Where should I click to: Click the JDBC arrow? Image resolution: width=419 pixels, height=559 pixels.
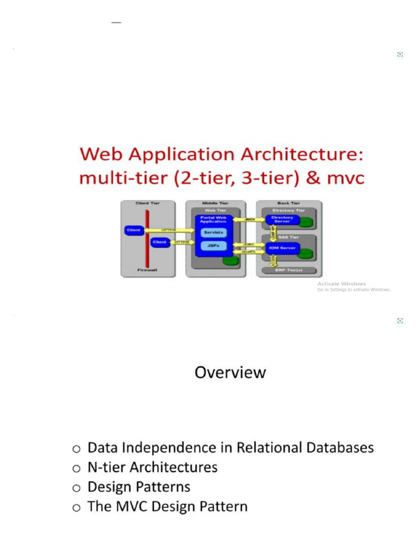[x=249, y=245]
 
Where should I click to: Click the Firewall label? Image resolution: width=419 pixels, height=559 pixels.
[x=148, y=270]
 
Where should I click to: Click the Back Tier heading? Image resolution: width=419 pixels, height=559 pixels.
[x=289, y=203]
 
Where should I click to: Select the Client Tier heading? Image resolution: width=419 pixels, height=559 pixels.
[x=147, y=203]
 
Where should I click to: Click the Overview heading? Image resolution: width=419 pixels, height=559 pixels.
[x=230, y=372]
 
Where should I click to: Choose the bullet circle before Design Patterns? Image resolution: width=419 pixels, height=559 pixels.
[x=76, y=487]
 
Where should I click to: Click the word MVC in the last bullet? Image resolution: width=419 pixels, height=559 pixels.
[x=132, y=507]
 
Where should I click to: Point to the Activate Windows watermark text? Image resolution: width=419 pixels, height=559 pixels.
[x=342, y=284]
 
